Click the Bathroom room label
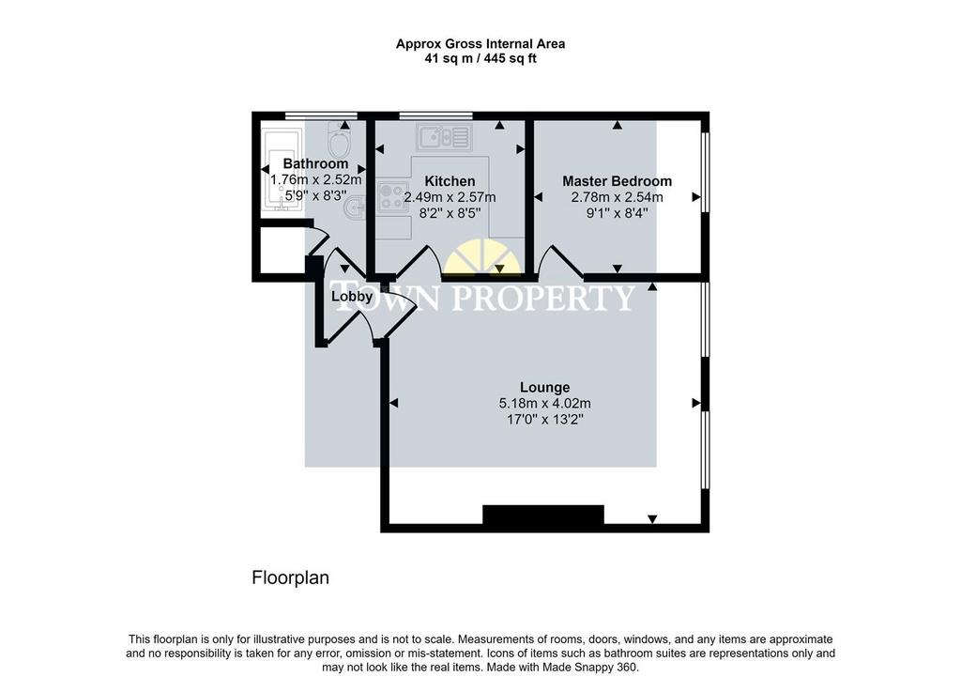click(x=315, y=163)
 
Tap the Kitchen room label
click(x=450, y=181)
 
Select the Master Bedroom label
click(x=618, y=181)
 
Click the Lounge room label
click(x=545, y=388)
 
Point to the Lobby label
click(x=352, y=297)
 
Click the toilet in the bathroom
click(x=339, y=139)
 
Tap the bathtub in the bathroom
click(x=282, y=170)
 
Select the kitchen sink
click(x=444, y=137)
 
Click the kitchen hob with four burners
click(x=393, y=196)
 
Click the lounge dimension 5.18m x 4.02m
click(x=545, y=404)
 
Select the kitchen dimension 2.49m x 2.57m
click(x=450, y=197)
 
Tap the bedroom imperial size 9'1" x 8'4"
click(x=618, y=213)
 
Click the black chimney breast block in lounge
click(x=543, y=515)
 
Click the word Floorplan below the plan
click(x=291, y=578)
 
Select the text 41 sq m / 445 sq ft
click(x=480, y=59)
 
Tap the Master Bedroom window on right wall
click(x=706, y=172)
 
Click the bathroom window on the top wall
click(x=321, y=115)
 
